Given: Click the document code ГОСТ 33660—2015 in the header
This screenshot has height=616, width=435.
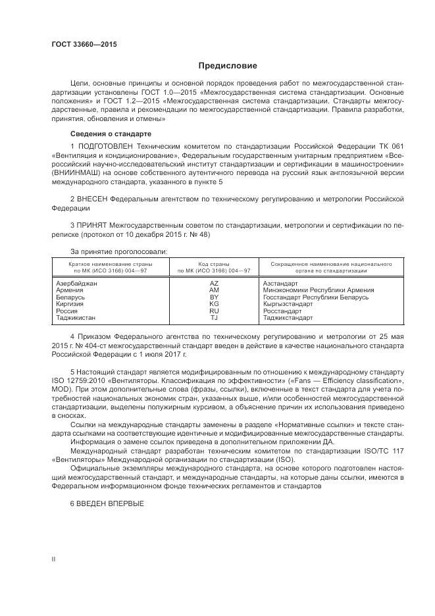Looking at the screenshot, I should (84, 45).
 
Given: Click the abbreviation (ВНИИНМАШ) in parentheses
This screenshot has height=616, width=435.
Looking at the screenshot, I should (73, 172).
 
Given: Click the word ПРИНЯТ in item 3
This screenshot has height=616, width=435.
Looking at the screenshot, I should (91, 224).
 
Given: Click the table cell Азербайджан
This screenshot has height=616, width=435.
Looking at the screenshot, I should (77, 282).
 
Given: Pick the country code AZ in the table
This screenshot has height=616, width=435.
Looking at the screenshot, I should (214, 282).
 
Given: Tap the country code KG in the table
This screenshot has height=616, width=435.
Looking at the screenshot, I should (214, 304).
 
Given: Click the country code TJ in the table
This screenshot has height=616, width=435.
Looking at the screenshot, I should (214, 318).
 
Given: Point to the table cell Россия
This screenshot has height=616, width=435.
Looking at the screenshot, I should (68, 311).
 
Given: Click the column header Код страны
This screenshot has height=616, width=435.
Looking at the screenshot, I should (214, 263).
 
